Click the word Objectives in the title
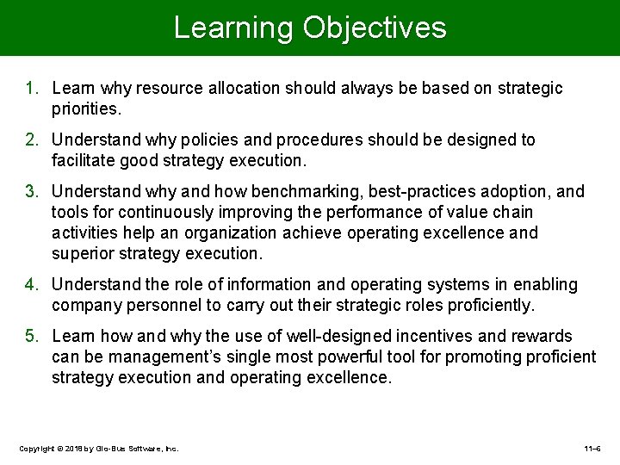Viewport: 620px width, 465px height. click(x=375, y=28)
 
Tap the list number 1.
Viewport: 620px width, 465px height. click(x=31, y=89)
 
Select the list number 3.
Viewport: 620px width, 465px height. click(x=31, y=192)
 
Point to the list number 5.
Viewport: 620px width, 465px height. click(x=31, y=337)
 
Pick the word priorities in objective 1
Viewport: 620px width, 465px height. click(x=86, y=110)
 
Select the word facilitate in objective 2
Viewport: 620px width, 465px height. click(x=83, y=161)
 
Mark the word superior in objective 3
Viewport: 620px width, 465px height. click(x=82, y=254)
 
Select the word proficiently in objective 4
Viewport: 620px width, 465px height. click(x=490, y=306)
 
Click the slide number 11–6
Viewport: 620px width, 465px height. click(x=592, y=449)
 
